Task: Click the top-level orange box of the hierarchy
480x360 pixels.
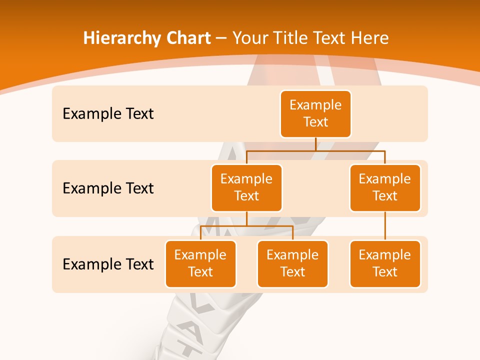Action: pos(315,113)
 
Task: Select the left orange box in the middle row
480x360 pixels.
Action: pos(246,187)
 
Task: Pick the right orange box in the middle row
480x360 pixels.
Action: pos(385,187)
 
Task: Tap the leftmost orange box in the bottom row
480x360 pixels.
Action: pos(200,263)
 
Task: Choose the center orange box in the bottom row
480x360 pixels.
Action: pos(292,263)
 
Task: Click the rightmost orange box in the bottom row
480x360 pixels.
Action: pos(385,263)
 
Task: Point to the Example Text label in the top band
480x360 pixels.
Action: pos(108,113)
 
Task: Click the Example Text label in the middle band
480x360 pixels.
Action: pos(108,188)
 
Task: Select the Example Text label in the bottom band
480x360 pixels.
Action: pos(108,264)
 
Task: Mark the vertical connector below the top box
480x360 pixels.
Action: pos(315,144)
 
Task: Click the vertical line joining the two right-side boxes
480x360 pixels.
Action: pos(385,225)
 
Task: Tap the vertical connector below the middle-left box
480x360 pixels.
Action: pos(246,218)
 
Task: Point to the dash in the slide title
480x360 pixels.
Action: pos(221,38)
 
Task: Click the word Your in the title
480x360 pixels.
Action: pos(248,38)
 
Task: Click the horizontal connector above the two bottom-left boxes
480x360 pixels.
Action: pos(246,225)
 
